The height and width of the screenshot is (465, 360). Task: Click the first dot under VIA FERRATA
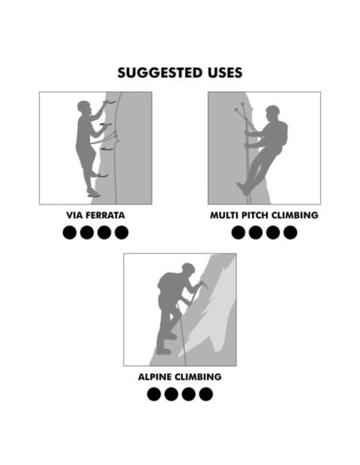[x=69, y=232]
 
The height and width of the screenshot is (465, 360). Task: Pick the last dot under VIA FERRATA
[x=121, y=232]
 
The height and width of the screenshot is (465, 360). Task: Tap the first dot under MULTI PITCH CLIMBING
[x=238, y=232]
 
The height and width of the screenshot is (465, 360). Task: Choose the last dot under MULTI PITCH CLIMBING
[x=291, y=232]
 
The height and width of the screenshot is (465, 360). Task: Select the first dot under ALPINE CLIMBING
[x=154, y=393]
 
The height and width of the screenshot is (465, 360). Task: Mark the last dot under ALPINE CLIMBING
[x=205, y=393]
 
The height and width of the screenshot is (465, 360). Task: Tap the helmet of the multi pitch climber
[x=272, y=111]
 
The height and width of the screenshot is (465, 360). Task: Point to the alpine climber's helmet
[x=188, y=269]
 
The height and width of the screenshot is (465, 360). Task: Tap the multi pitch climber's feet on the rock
[x=243, y=189]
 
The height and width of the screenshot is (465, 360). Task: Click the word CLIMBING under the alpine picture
[x=198, y=376]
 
